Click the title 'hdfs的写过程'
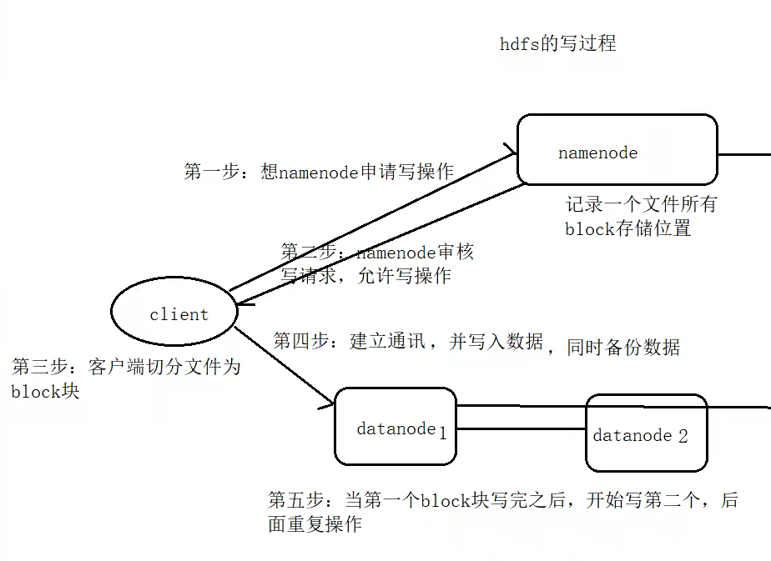tap(557, 44)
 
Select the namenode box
tap(617, 149)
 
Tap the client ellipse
tap(174, 313)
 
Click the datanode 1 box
tap(395, 425)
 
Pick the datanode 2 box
tap(646, 433)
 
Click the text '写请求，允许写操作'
tap(366, 275)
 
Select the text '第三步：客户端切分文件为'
tap(126, 367)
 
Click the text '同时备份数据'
tap(622, 347)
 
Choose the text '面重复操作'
tap(315, 524)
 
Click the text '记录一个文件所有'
tap(641, 204)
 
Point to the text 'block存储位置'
tap(627, 228)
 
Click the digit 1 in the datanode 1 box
tap(443, 432)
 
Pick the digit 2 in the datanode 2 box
tap(683, 436)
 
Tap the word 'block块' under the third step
tap(45, 391)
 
